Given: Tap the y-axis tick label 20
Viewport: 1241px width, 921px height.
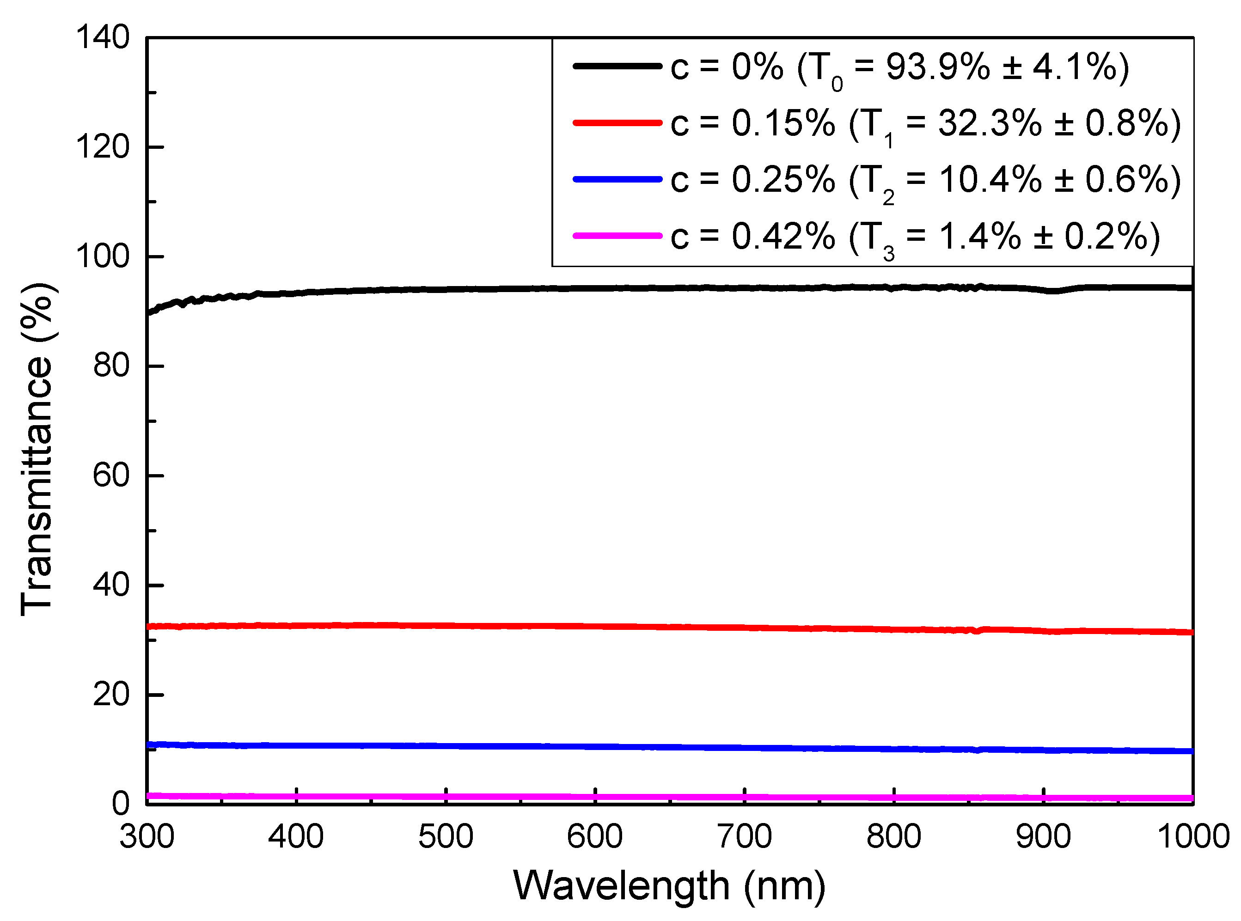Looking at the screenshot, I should [x=111, y=695].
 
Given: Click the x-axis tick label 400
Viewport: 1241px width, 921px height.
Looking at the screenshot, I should [x=295, y=836].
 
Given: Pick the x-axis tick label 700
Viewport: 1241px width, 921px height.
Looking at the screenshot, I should [x=744, y=836].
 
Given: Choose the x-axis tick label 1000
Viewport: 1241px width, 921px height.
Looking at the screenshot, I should [x=1193, y=836].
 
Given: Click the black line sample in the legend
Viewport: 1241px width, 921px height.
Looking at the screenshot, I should [x=617, y=67].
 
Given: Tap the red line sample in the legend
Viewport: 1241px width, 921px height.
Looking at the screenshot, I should [x=617, y=122].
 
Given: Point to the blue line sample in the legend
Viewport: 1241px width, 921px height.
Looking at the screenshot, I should [x=617, y=179].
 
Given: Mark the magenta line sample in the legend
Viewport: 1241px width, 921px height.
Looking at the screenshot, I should [x=617, y=236].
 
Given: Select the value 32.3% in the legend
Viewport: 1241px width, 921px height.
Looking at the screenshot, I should [x=990, y=123].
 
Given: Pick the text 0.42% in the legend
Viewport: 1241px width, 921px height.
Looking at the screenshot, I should [x=783, y=237].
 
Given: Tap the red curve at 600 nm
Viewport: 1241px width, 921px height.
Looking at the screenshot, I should [x=595, y=627].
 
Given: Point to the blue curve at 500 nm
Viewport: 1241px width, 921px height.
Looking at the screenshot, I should [x=446, y=746].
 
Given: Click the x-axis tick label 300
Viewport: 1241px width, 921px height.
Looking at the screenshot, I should [x=147, y=836].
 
